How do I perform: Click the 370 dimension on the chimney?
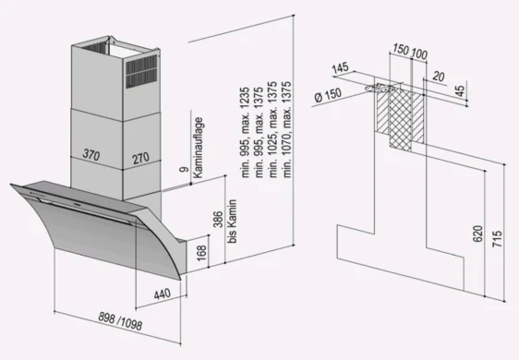pos(91,154)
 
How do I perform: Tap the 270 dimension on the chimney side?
pos(140,158)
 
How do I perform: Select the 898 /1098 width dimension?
pos(120,320)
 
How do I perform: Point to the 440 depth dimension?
pos(163,294)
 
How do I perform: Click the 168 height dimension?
pos(201,253)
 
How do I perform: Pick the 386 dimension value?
pos(218,220)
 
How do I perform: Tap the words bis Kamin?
pos(233,221)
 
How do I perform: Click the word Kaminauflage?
pos(198,148)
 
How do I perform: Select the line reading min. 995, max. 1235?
pos(246,132)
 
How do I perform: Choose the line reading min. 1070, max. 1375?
pos(287,129)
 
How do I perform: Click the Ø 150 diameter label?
pos(328,95)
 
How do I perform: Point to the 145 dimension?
pos(340,68)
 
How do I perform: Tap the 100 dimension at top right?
pos(419,54)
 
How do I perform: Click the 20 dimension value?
pos(439,77)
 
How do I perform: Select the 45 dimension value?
pos(460,90)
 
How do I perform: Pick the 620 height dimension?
pos(478,234)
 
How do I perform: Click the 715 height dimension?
pos(497,238)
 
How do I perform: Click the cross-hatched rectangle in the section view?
pos(400,120)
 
